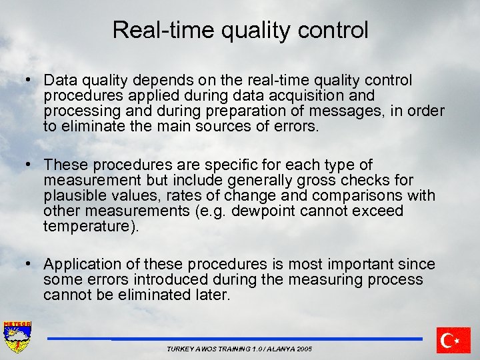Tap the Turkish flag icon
[454, 340]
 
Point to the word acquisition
[304, 96]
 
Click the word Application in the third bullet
[83, 265]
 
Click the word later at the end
[213, 295]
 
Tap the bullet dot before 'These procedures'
[29, 165]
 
